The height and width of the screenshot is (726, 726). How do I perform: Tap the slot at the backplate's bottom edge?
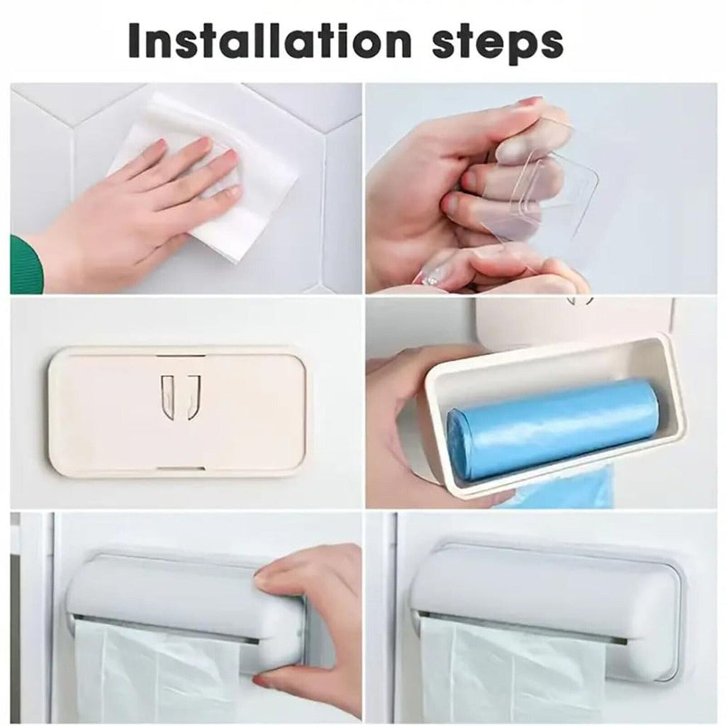pos(177,469)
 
